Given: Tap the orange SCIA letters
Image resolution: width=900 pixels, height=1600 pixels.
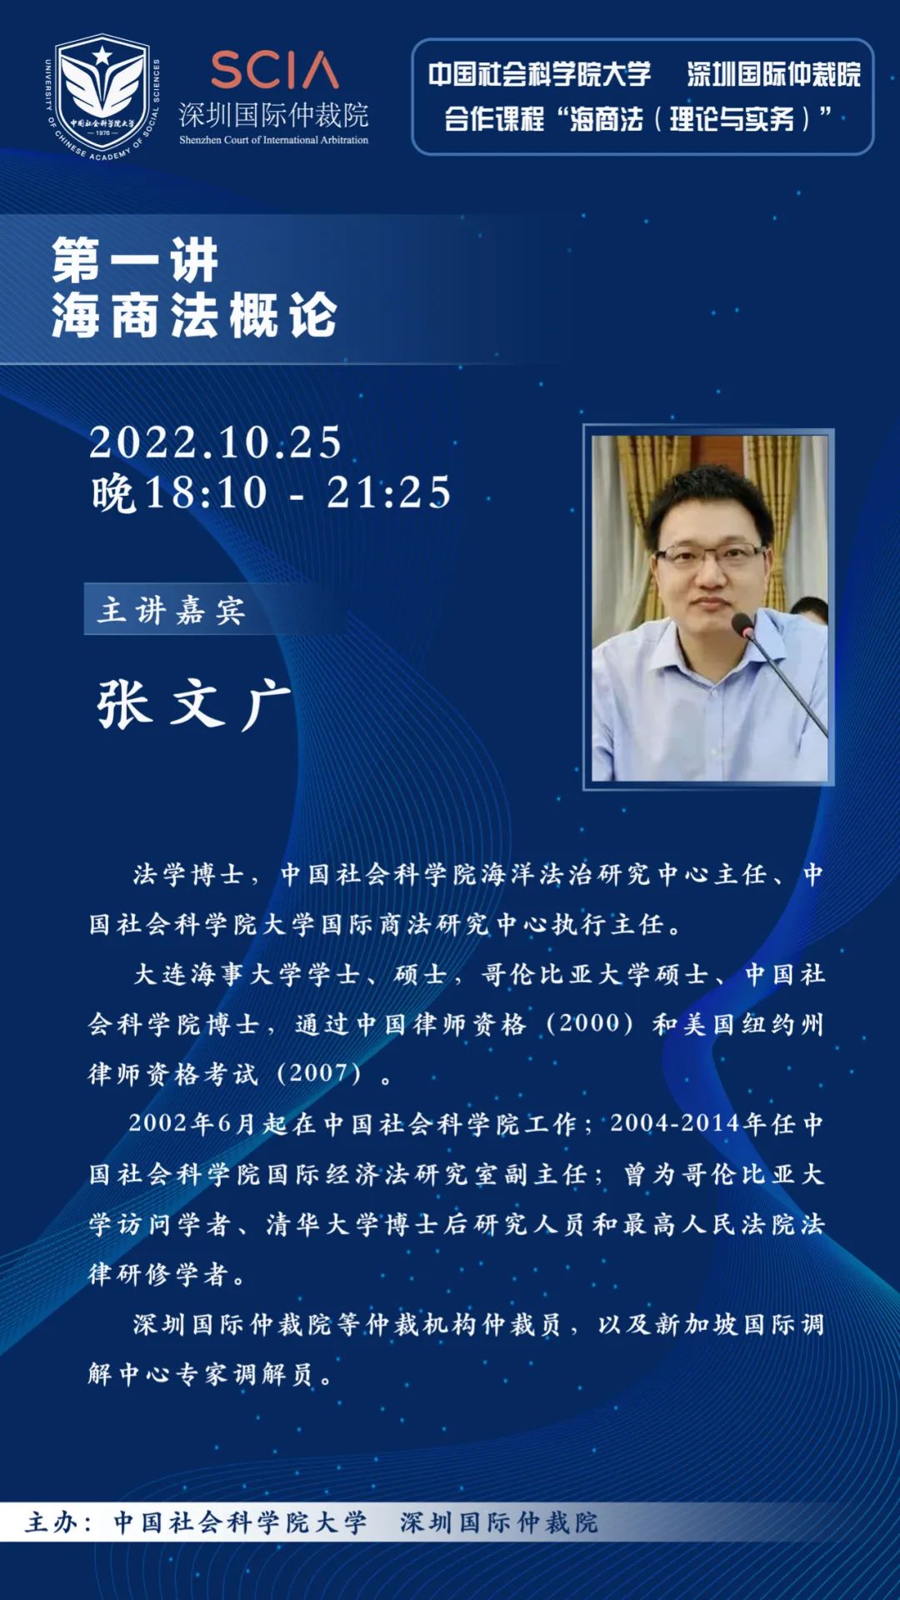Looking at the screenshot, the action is coord(274,71).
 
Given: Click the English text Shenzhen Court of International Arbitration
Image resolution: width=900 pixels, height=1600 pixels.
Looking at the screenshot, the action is coord(273,140).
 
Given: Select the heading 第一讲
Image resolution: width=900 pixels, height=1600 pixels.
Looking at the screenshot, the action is coord(135,260).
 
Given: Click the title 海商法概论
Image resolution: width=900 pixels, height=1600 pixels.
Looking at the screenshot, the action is coord(194,315).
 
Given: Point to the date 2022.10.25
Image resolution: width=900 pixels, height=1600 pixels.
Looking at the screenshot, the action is coord(216,442).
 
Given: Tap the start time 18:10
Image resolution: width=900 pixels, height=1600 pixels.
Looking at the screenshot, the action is coord(206,492).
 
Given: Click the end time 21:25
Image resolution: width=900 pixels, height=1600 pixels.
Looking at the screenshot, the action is coord(388,492).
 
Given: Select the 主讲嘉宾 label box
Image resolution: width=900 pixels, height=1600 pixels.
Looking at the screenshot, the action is coord(172,610).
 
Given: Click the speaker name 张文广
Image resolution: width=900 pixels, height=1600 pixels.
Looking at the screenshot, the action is coord(193,704).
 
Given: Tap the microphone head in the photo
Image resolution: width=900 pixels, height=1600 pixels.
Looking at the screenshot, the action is coord(742,624).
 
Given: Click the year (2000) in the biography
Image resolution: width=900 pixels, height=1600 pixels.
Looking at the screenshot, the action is coord(590,1023).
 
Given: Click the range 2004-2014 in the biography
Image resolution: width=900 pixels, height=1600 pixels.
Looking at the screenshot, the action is coord(675,1123).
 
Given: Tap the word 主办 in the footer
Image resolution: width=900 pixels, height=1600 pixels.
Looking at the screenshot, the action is coord(52,1522).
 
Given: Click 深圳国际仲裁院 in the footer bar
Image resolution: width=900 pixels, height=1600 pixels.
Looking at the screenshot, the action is coord(499,1522).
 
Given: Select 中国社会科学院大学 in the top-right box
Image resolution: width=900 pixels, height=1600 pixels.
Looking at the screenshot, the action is coord(539,75).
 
